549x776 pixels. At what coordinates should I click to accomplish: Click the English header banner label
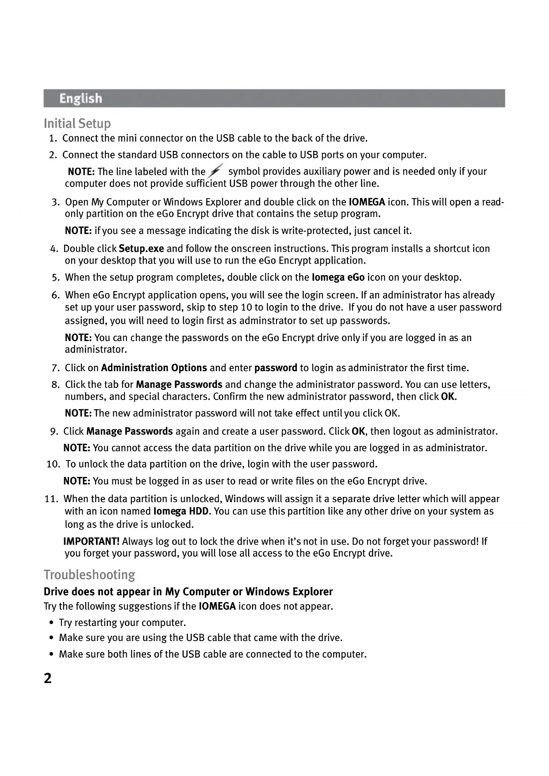(x=81, y=98)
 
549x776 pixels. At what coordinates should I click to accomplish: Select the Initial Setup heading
(x=77, y=123)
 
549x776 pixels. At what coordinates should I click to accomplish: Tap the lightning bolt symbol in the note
(x=215, y=171)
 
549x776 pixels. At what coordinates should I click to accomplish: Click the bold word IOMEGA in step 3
(x=367, y=202)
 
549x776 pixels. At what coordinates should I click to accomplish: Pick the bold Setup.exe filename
(x=141, y=249)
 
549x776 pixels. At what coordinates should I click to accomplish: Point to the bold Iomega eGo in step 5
(x=338, y=277)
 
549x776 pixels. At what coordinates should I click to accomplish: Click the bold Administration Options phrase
(x=154, y=368)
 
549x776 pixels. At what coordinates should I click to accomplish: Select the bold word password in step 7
(x=276, y=368)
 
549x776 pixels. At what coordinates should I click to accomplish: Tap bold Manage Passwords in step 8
(x=179, y=384)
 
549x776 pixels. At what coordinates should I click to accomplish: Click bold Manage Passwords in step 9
(x=129, y=431)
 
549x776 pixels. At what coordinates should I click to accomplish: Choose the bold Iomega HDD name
(x=180, y=511)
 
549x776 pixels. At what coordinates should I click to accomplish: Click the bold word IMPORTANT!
(x=92, y=542)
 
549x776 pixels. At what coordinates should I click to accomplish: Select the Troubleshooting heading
(x=89, y=575)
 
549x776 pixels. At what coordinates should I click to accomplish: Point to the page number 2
(x=48, y=678)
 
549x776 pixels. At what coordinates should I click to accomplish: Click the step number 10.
(x=53, y=464)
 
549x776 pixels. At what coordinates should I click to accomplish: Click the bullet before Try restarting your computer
(x=52, y=623)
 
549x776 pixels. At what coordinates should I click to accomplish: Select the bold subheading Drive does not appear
(x=188, y=592)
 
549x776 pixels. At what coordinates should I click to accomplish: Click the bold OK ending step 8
(x=448, y=396)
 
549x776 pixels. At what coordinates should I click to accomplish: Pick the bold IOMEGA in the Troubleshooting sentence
(x=217, y=606)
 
